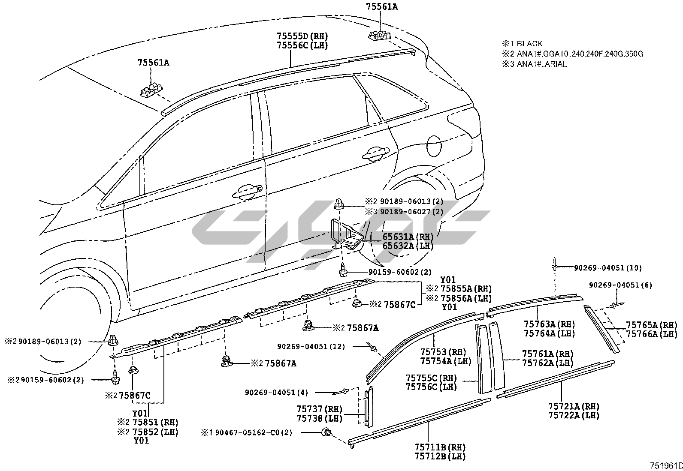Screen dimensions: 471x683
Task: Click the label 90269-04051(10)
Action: pos(608,268)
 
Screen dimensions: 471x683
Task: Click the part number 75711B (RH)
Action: pos(440,448)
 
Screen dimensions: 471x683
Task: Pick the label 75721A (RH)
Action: pos(573,406)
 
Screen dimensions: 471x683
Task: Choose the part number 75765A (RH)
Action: pos(651,325)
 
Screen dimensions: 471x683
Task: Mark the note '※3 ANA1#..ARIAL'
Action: pos(535,64)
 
